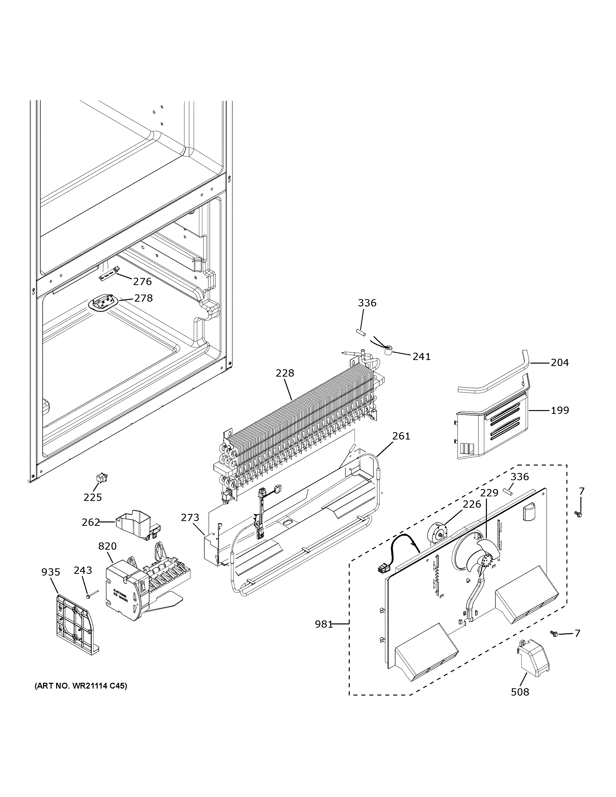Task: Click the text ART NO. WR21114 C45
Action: tap(81, 686)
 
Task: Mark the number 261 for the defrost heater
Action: tap(401, 436)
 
